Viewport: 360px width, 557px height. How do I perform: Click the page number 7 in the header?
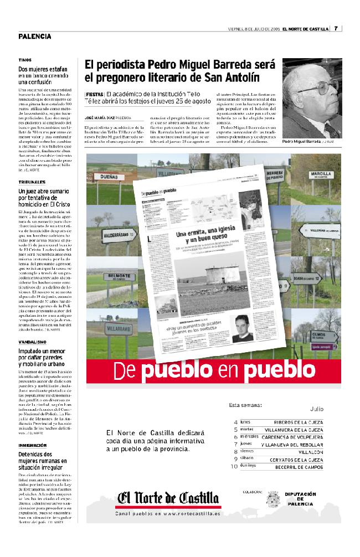(336, 29)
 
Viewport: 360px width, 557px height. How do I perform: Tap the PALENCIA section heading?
(34, 37)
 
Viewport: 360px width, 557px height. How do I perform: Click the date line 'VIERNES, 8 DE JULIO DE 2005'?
(254, 29)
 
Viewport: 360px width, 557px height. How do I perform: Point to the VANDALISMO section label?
(31, 342)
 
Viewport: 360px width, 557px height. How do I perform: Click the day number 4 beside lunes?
(235, 422)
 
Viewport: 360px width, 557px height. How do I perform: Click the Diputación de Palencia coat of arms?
(272, 498)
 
